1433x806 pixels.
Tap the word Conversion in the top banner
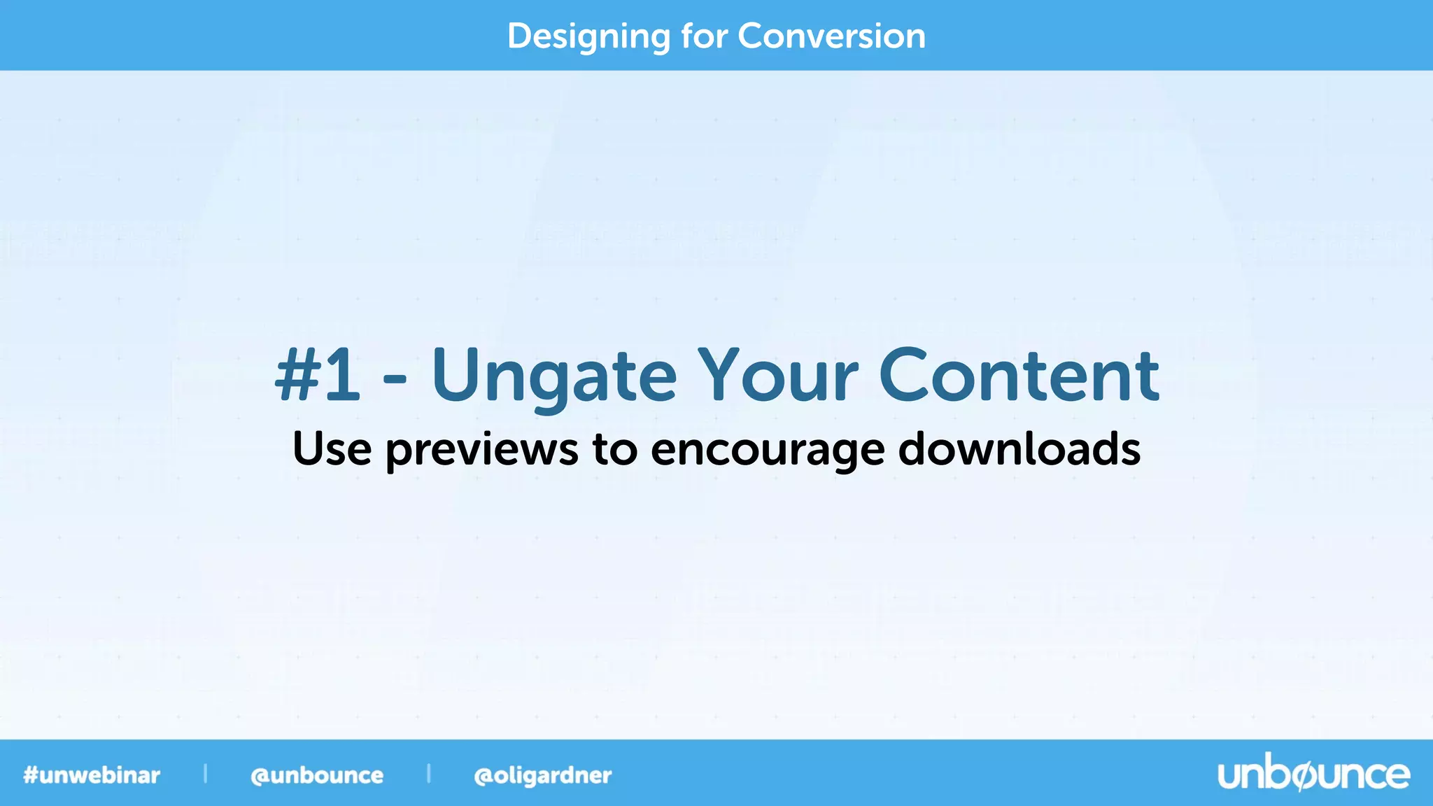click(831, 36)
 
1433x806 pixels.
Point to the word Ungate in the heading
click(553, 378)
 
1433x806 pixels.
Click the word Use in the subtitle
click(332, 448)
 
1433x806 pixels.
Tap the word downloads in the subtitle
click(1019, 448)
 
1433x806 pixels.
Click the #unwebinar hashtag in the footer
click(92, 775)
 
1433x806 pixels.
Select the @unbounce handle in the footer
click(317, 775)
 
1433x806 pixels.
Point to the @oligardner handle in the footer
click(542, 775)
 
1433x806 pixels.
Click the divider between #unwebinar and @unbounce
click(205, 773)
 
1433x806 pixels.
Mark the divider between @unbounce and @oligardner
click(428, 773)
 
